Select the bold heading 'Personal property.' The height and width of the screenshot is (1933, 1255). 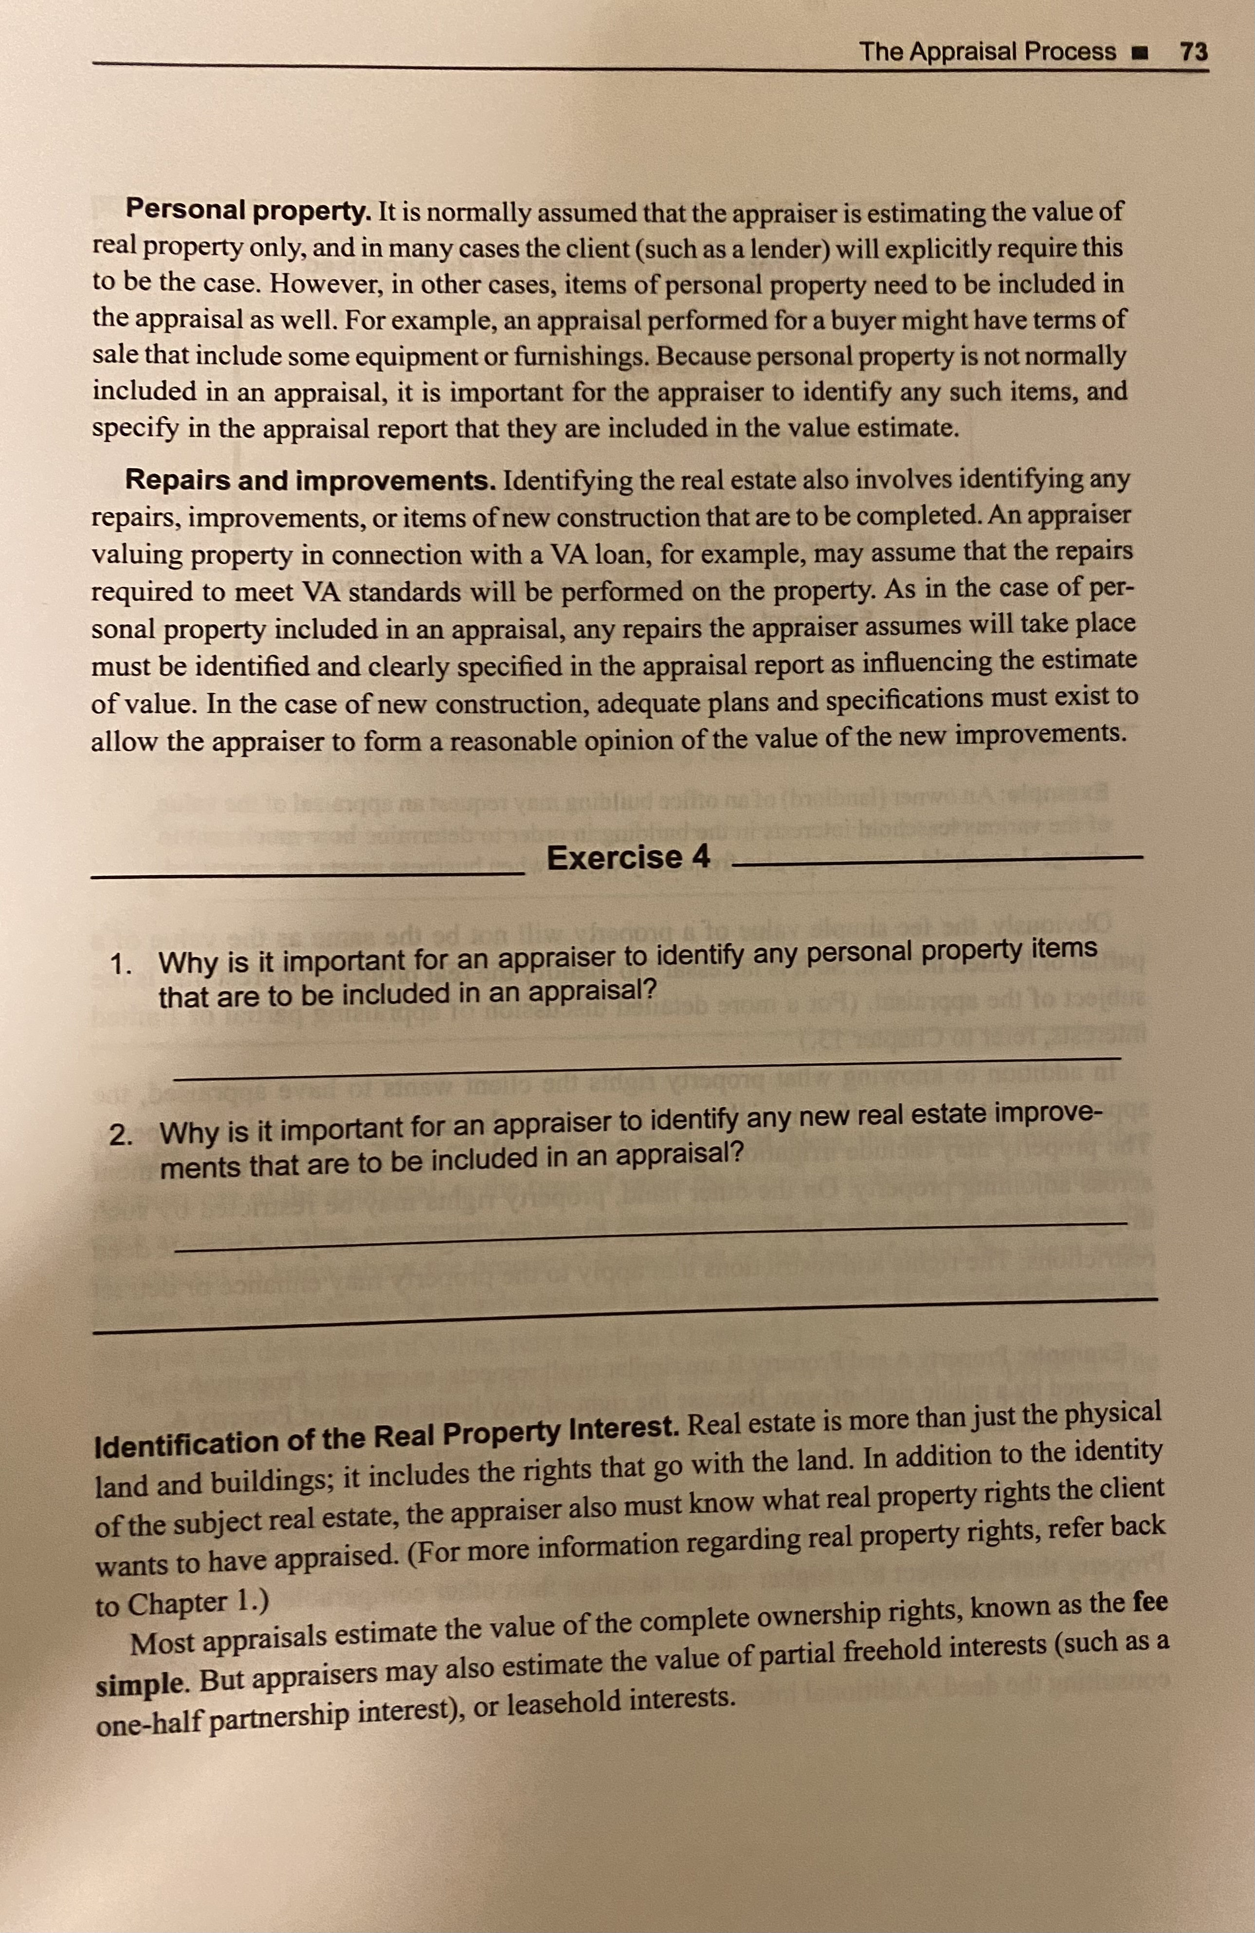[248, 211]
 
